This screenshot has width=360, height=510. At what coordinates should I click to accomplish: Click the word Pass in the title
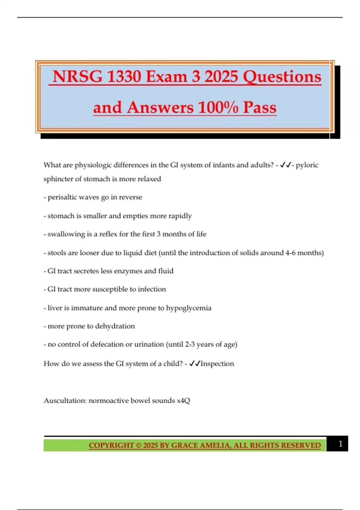point(260,107)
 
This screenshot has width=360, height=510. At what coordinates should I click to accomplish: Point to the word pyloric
point(307,165)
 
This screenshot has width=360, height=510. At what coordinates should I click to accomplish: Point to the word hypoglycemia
point(189,308)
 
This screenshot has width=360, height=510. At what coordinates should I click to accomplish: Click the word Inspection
point(217,364)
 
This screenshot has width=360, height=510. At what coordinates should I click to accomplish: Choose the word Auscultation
point(65,400)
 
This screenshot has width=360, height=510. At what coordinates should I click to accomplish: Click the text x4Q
point(183,400)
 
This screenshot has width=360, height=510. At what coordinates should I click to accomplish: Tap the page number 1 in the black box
point(340,444)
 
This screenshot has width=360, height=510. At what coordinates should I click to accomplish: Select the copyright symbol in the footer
point(139,445)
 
